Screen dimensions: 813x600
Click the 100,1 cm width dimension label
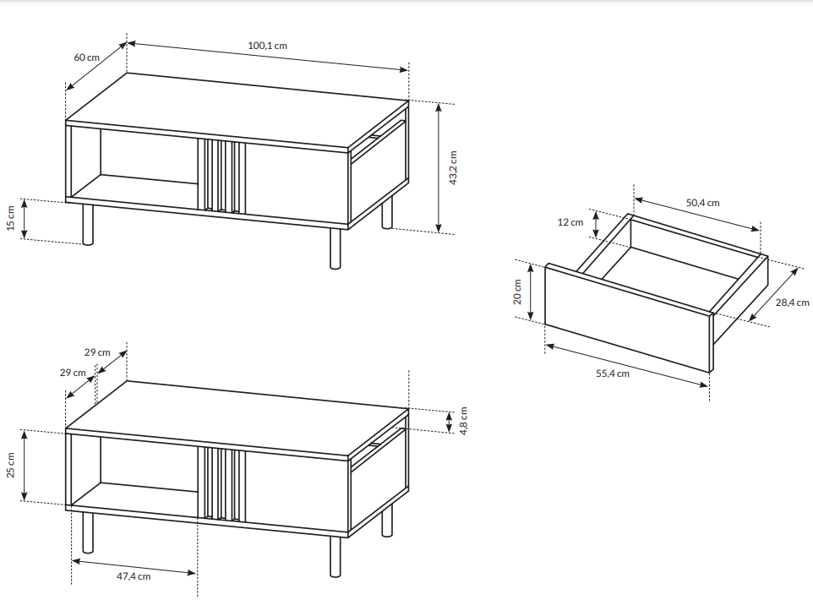tap(267, 46)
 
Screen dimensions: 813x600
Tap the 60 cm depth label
tap(86, 57)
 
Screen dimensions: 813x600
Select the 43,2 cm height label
tap(453, 167)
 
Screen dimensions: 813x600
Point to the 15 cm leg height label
tap(11, 218)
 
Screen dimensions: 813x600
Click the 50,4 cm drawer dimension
tap(702, 203)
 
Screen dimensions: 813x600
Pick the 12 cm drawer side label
tap(570, 222)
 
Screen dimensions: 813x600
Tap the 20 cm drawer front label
tap(517, 292)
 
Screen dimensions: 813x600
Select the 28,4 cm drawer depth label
tap(792, 303)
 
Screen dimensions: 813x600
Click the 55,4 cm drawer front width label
tap(613, 374)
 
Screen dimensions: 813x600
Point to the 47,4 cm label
tap(134, 576)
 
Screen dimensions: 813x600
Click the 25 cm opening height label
tap(11, 465)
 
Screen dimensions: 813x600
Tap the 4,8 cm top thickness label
tap(463, 421)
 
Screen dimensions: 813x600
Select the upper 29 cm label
tap(97, 352)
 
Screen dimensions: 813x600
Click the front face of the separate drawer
tap(628, 318)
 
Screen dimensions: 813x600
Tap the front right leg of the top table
tap(336, 249)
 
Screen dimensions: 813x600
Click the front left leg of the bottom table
tap(88, 532)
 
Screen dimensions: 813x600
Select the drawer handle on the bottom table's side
tap(375, 444)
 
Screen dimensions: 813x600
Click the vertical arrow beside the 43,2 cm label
tap(439, 168)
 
